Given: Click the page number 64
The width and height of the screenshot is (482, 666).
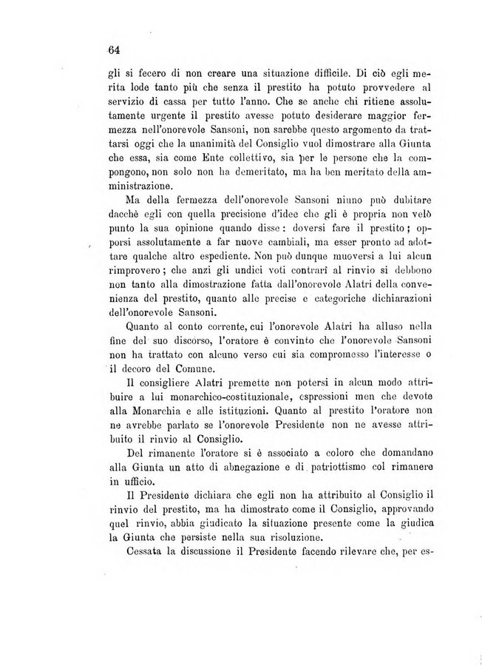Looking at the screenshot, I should [x=113, y=50].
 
